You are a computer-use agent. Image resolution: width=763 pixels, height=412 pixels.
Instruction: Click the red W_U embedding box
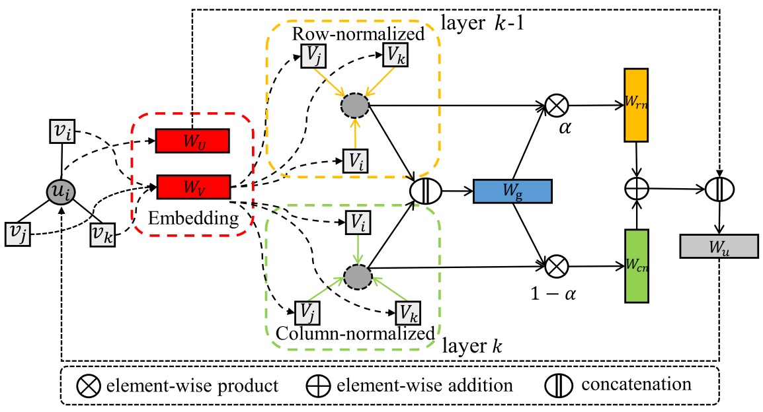tap(192, 141)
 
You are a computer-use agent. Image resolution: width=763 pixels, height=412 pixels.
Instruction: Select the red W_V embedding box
tap(192, 187)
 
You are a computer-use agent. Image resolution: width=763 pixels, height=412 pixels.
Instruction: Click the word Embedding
tap(192, 218)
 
